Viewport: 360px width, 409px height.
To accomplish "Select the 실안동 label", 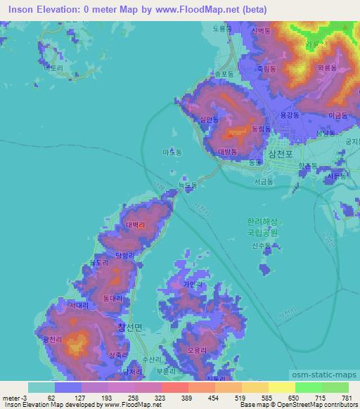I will coord(210,120).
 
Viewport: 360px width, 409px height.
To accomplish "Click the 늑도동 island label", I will coord(187,186).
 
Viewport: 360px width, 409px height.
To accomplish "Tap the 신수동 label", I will coord(261,245).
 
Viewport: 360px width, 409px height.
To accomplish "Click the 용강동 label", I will coord(290,114).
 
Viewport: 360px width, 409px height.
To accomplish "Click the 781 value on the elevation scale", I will coord(345,398).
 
